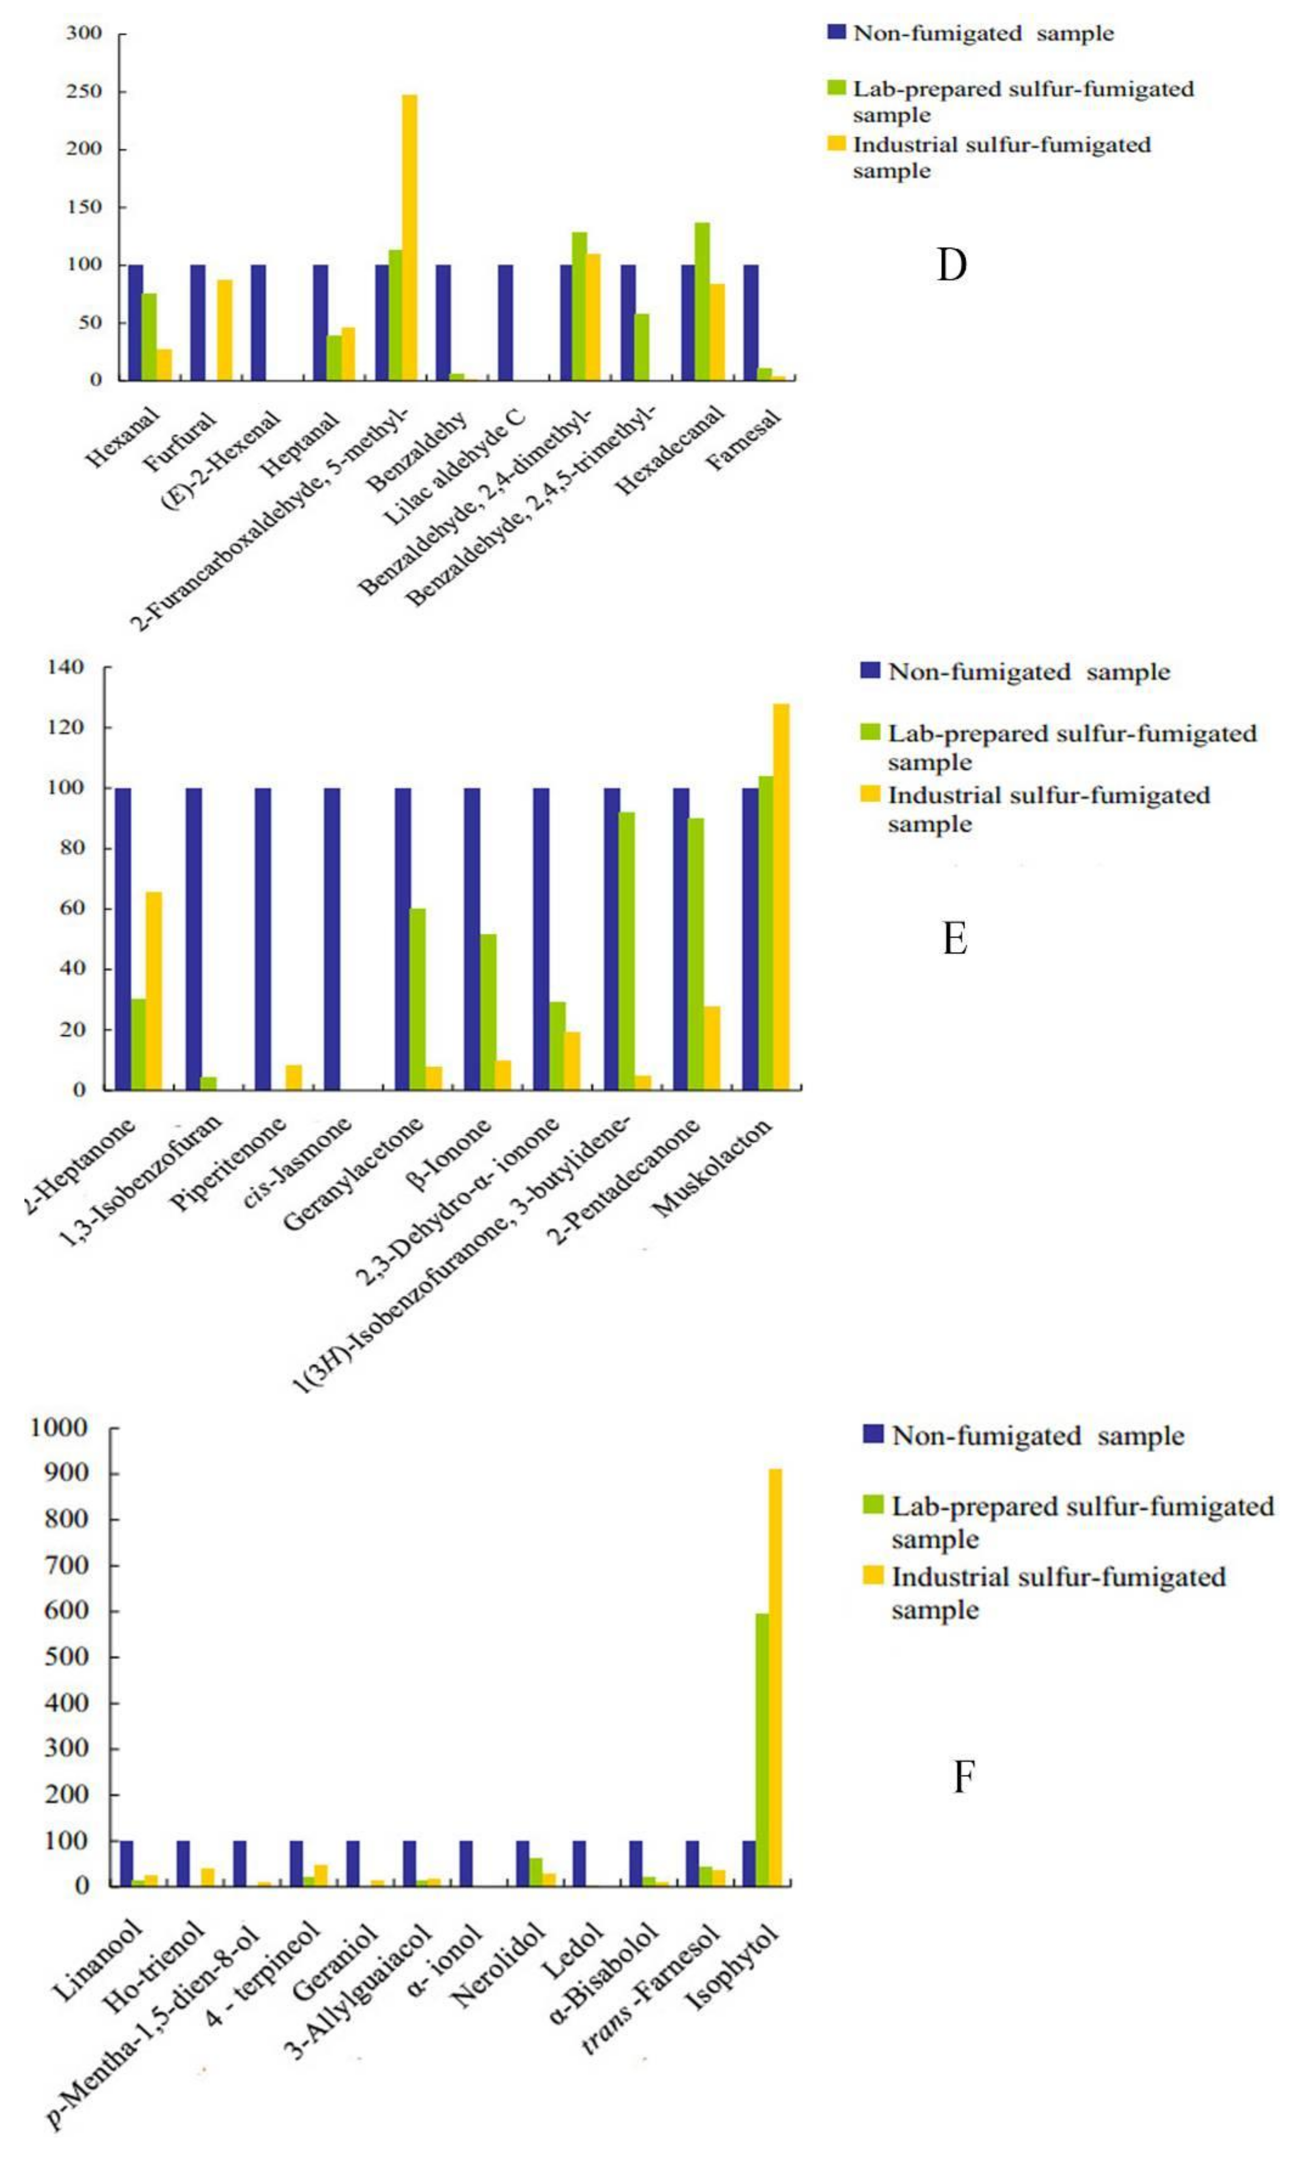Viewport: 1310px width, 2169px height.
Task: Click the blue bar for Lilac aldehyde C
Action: tap(505, 322)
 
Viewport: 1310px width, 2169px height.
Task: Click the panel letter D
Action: tap(951, 265)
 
